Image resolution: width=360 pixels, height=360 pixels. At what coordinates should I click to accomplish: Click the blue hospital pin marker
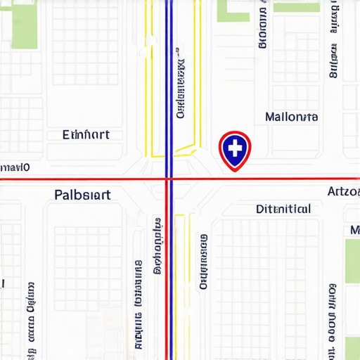(235, 150)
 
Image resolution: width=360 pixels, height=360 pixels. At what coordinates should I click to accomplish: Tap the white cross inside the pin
(235, 147)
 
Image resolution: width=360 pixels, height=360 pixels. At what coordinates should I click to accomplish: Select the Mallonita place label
(292, 117)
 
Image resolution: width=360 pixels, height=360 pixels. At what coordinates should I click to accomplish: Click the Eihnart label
(86, 134)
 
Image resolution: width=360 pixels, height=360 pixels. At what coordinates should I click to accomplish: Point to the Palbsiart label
(82, 195)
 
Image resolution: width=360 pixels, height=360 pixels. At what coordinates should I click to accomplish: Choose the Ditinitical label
(283, 209)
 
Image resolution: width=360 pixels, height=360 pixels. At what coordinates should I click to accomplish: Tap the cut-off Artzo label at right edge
(344, 191)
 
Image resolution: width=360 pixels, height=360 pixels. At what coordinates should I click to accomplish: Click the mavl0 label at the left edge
(15, 167)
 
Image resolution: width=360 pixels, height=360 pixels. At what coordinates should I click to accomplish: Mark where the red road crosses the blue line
(169, 179)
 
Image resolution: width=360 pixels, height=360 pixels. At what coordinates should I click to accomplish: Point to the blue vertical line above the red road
(169, 84)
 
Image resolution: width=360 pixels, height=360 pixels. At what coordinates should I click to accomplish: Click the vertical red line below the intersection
(166, 281)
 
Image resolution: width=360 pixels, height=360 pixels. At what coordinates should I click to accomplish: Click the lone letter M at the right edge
(355, 230)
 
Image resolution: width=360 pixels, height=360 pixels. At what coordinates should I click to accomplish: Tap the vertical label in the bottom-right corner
(331, 320)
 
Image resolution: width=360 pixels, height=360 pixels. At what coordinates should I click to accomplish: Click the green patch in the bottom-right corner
(352, 348)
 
